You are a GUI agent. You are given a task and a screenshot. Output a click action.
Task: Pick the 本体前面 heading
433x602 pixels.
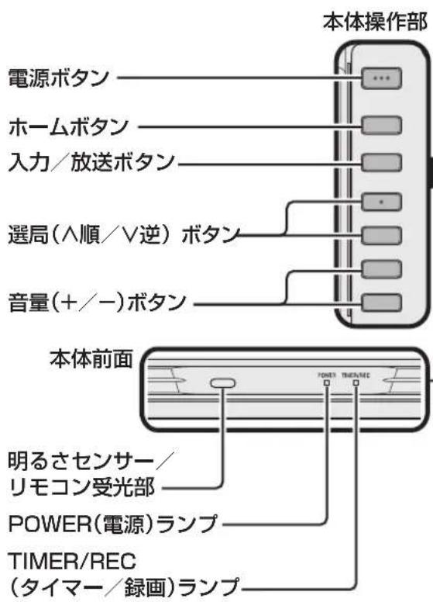tap(94, 361)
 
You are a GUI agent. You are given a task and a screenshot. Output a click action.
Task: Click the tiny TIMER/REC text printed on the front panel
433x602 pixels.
tap(358, 373)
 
